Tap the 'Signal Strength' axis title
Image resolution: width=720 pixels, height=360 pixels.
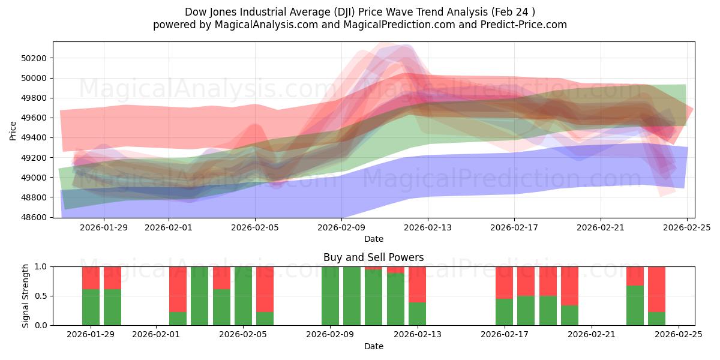[x=26, y=296]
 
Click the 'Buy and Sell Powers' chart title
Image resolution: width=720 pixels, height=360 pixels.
[x=373, y=257]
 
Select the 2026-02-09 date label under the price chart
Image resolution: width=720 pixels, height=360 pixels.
[x=341, y=227]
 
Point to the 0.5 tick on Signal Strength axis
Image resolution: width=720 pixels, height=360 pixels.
[x=40, y=296]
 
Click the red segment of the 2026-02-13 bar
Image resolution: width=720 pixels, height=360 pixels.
[x=417, y=284]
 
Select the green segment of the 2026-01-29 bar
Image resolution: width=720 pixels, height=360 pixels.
[x=91, y=307]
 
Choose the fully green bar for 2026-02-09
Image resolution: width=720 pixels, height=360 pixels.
[x=330, y=296]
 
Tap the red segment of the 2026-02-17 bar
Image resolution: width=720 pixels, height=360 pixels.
[x=504, y=282]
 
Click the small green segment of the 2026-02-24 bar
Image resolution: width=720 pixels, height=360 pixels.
[x=656, y=319]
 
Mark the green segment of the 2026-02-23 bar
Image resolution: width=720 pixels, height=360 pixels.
[x=635, y=305]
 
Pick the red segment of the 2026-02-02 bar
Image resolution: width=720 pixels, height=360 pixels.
[x=178, y=289]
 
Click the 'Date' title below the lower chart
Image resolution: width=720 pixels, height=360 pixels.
[x=373, y=346]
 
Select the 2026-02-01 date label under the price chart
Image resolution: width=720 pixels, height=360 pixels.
[x=169, y=227]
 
